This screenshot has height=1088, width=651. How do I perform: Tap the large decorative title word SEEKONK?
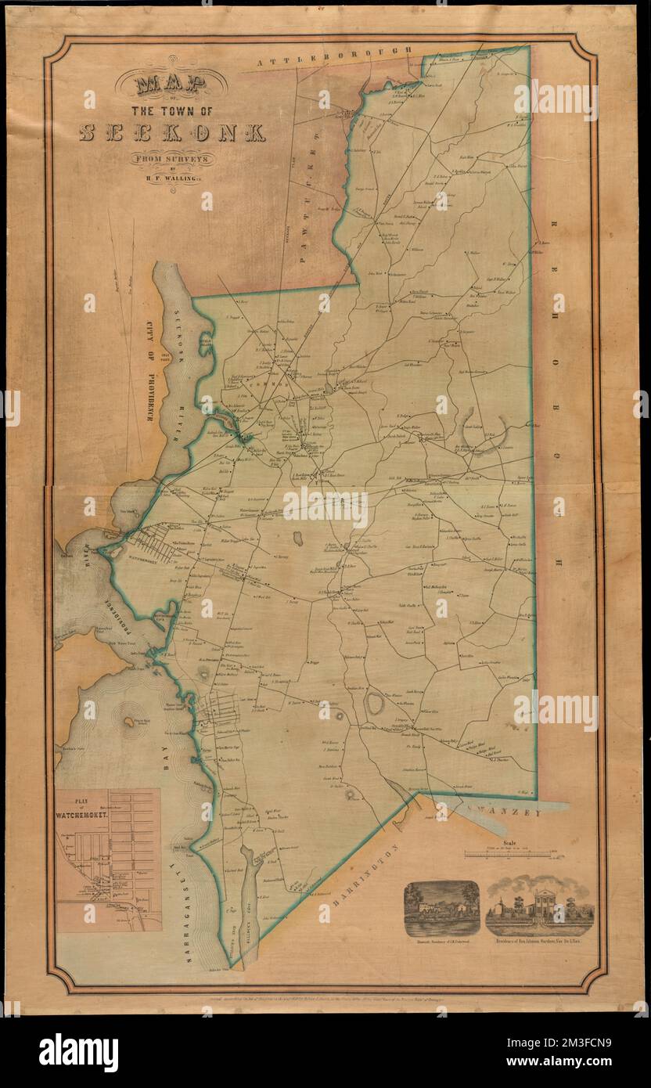[172, 132]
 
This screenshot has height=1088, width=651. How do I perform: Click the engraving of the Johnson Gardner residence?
[540, 908]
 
